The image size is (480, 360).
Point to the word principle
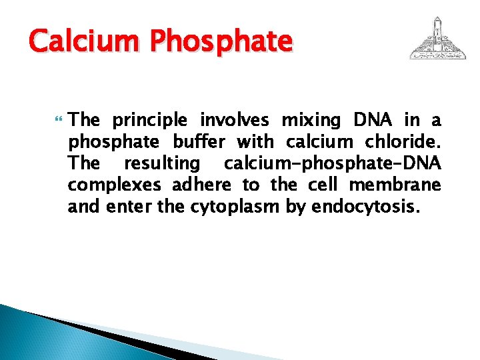point(150,121)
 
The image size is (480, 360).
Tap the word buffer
point(199,142)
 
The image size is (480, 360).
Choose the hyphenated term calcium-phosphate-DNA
point(332,163)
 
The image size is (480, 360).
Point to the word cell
point(322,185)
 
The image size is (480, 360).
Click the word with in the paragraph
point(255,142)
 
